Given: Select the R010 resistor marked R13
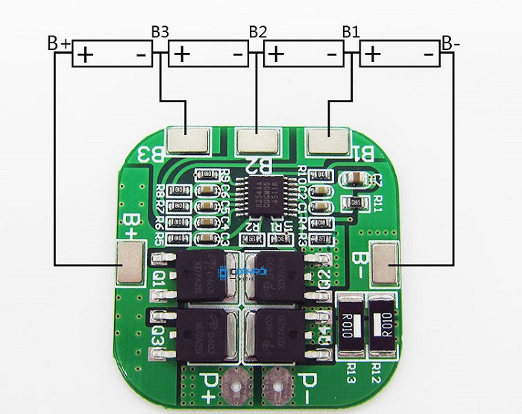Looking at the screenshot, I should (x=350, y=325).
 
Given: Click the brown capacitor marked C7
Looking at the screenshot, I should (x=353, y=180).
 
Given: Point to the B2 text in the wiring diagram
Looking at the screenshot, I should (x=257, y=32).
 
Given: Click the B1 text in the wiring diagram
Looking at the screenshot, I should (x=350, y=32).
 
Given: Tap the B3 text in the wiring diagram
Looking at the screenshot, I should (x=160, y=32).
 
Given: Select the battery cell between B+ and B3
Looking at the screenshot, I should (x=112, y=54).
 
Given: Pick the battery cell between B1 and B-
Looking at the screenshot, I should (x=400, y=54).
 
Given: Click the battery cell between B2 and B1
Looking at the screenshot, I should (x=304, y=54).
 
